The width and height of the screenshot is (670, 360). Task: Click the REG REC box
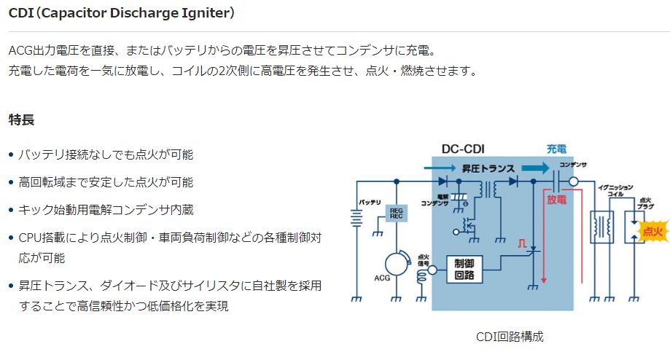[397, 214]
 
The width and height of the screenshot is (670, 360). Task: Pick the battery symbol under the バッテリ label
[357, 218]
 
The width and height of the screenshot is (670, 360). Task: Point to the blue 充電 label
[556, 148]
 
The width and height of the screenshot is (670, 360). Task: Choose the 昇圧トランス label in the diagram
[487, 168]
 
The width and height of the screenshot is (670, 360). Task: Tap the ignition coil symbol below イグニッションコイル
[601, 225]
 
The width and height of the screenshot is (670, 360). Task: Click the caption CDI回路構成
[509, 337]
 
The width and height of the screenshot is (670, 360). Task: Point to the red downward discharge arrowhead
[544, 280]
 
